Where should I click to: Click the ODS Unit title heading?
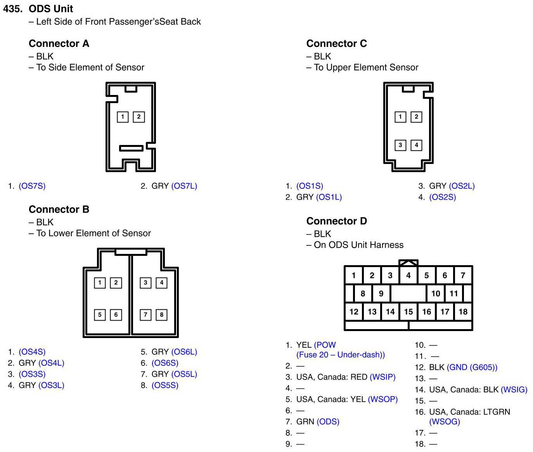pos(50,9)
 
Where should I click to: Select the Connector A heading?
pos(59,43)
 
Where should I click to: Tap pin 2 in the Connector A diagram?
pos(139,117)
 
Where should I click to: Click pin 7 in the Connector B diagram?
pos(145,314)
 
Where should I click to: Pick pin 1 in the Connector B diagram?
pos(100,283)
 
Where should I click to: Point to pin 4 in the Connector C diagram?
pos(416,145)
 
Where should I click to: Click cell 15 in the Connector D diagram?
pos(408,312)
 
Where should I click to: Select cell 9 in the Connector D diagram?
pos(381,293)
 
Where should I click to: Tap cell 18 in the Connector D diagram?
pos(463,312)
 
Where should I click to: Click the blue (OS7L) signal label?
pos(184,186)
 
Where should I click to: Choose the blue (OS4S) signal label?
pos(32,352)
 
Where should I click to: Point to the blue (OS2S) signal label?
pos(442,197)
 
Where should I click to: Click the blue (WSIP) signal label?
pos(382,377)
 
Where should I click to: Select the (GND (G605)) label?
pos(472,367)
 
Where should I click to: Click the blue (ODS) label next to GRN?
pos(328,422)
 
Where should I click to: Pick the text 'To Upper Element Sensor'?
pos(366,67)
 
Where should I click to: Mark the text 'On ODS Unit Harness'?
pos(359,245)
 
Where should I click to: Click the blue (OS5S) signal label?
pos(165,386)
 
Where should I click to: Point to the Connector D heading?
pos(336,221)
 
